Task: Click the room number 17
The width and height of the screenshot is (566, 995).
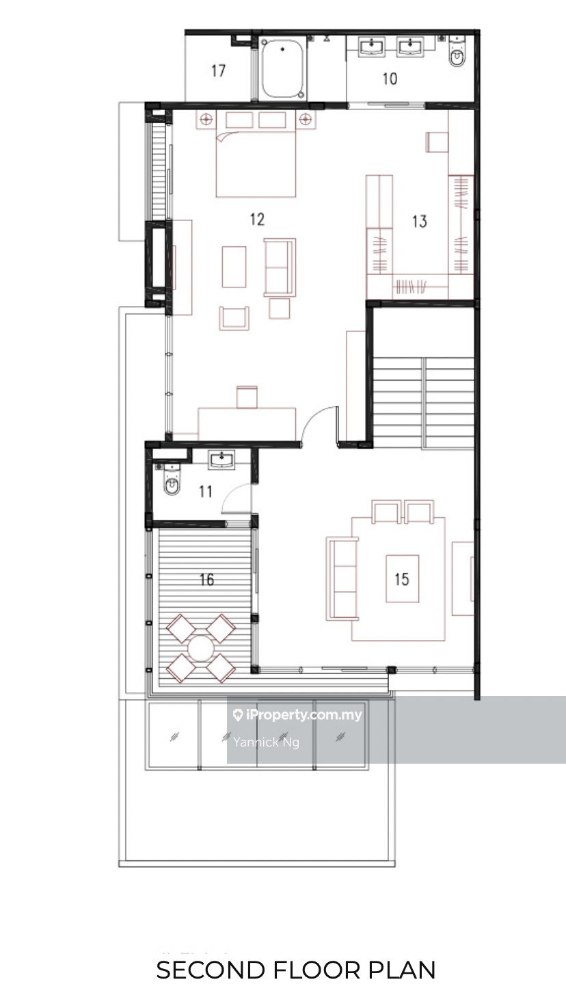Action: pos(218,70)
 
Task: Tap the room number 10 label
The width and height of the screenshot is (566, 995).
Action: pos(390,79)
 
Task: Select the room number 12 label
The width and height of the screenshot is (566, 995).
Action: pos(257,219)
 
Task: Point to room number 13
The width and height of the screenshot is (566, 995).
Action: pos(420,221)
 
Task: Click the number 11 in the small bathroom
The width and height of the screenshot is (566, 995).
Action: pos(205,491)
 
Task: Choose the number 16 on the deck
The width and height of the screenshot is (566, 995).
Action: pos(206,579)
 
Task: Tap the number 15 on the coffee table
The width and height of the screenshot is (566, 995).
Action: pos(402,579)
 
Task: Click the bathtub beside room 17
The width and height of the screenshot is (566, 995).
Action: pos(282,69)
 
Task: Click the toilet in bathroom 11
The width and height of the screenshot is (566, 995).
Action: pos(172,480)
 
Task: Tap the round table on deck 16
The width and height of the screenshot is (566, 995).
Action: pos(201,648)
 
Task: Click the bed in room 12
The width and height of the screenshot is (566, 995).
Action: pos(256,154)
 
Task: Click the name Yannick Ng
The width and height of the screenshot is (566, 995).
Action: pos(266,742)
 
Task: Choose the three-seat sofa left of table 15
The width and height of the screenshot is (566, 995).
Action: pos(342,579)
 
